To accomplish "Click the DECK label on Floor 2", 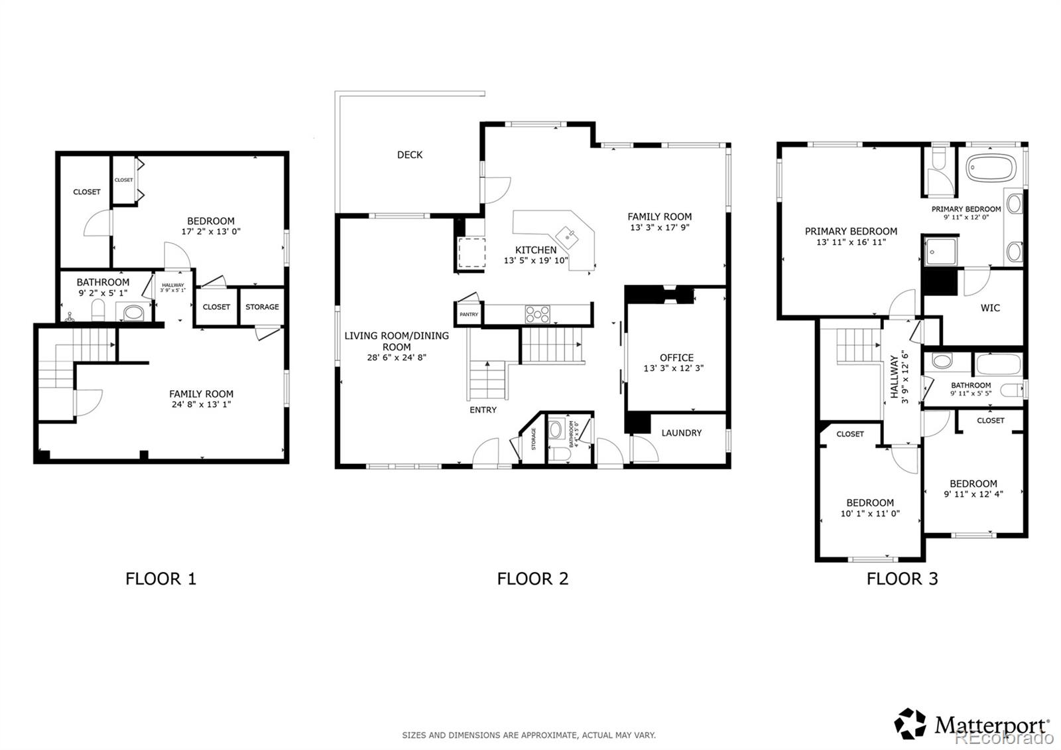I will [x=410, y=155].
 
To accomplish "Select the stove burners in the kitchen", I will [x=537, y=313].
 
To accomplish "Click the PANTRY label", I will [x=469, y=314].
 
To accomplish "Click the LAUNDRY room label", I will [x=681, y=433].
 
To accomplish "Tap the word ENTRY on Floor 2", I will [x=483, y=410].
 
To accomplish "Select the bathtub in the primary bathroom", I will [x=991, y=168].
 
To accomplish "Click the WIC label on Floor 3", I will [x=990, y=308].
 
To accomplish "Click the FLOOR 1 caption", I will [x=160, y=579].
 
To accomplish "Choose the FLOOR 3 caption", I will [x=902, y=579].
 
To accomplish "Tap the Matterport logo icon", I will [x=910, y=723].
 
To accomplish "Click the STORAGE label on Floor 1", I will [x=262, y=307].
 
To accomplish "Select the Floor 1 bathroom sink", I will [x=137, y=311].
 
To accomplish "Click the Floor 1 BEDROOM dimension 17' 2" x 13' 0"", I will [x=210, y=232].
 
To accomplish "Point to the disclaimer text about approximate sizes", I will [x=529, y=735].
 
